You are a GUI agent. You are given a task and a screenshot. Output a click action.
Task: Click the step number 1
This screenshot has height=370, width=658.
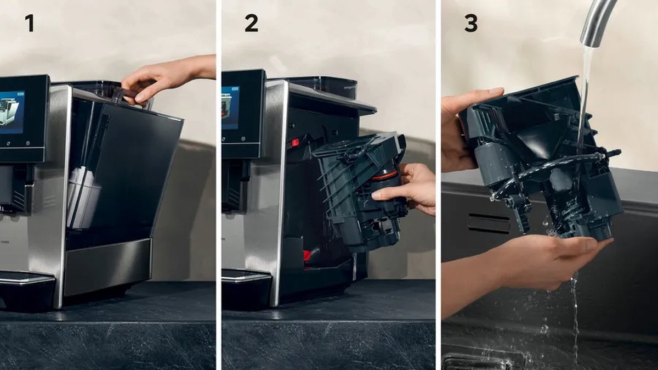pos(29,23)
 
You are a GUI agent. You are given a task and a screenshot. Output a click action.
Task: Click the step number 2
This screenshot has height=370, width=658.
pos(251,23)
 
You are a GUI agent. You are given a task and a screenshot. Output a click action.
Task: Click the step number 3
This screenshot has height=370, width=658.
pos(470,23)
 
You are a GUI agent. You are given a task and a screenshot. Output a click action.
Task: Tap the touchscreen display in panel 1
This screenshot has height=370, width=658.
pos(12,112)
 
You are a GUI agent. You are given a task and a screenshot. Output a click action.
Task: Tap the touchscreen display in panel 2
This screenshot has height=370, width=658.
pos(230,107)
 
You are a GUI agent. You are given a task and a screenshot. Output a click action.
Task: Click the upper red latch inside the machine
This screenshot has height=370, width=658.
pos(295,143)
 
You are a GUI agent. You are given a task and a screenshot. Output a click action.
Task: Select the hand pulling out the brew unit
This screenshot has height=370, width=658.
pos(409,189)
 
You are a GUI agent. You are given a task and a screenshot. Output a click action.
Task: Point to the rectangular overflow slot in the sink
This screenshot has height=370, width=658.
pos(488,223)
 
